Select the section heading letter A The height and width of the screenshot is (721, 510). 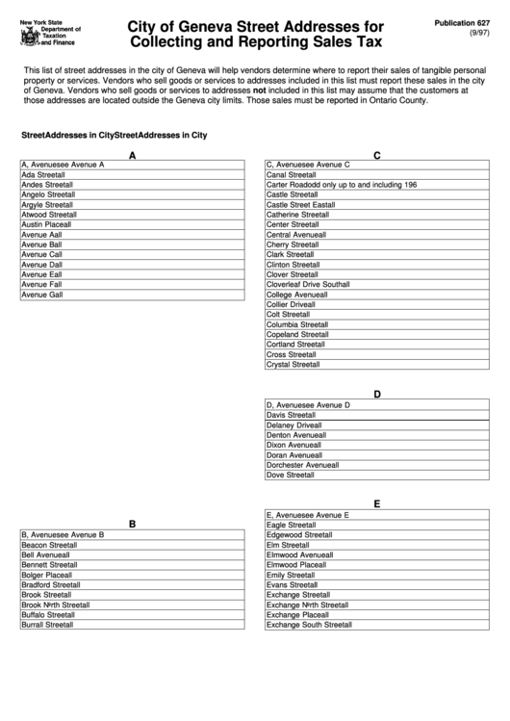(133, 155)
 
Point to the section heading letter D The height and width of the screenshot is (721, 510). (377, 394)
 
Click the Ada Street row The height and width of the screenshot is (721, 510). (43, 175)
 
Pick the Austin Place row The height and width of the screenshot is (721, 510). (46, 224)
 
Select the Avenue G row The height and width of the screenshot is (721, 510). (42, 295)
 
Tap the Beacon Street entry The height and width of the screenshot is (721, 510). (49, 544)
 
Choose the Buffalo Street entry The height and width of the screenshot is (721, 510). (48, 614)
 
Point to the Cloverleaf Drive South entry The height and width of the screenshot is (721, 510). (308, 285)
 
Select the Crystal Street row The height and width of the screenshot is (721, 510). (293, 365)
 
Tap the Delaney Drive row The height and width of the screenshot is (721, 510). (293, 425)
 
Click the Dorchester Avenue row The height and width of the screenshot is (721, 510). (302, 465)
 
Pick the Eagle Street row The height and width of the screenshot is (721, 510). (291, 525)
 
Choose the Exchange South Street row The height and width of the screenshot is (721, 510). (309, 625)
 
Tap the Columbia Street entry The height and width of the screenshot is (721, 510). (296, 324)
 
